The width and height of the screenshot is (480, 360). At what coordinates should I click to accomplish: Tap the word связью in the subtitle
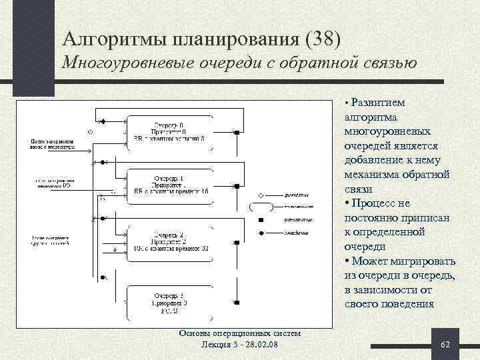coord(385,65)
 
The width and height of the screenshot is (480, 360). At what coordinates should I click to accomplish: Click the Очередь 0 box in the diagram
coord(169,132)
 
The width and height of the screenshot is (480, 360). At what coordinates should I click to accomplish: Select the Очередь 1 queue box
coord(169,184)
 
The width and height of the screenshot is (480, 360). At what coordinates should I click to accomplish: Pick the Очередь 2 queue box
coord(169,241)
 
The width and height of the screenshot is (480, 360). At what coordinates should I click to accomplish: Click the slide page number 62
coord(446,343)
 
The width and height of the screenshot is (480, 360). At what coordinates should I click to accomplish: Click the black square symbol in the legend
coord(261,220)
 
